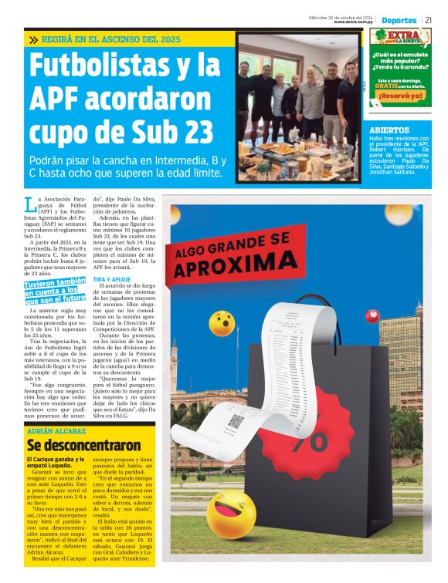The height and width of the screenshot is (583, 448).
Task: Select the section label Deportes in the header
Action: pos(399,19)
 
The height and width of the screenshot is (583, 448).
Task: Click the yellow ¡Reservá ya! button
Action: pos(399,96)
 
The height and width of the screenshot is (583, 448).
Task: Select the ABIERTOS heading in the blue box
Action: pos(389,130)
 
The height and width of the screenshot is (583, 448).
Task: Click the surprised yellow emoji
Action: pos(222,323)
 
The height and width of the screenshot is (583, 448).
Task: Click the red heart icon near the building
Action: pos(372,315)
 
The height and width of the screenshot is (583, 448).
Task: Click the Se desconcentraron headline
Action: pos(73,445)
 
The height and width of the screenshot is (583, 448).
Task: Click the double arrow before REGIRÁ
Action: pos(33,39)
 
